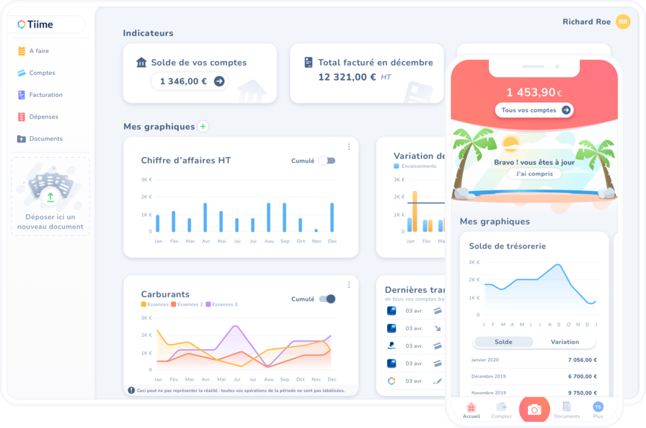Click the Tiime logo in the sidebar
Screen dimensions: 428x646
coord(35,25)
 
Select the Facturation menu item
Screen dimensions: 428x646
coord(45,95)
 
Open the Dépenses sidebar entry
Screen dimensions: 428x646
coord(44,117)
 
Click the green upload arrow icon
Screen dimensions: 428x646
coord(50,197)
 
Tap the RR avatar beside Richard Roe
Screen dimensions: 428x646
coord(623,22)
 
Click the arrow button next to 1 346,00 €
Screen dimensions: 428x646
coord(219,81)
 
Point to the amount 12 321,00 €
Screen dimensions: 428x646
coord(347,77)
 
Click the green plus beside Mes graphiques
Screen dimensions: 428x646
coord(203,127)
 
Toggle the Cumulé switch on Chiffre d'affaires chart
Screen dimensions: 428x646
coord(327,161)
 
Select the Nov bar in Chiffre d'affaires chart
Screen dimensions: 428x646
coord(316,230)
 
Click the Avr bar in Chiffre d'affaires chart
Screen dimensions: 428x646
coord(205,217)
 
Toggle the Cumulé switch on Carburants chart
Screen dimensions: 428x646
coord(327,299)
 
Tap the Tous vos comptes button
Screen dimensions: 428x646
coord(534,110)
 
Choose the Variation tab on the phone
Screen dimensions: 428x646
coord(565,342)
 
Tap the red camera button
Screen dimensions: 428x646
coord(534,410)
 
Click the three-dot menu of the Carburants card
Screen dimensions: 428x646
coord(349,285)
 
